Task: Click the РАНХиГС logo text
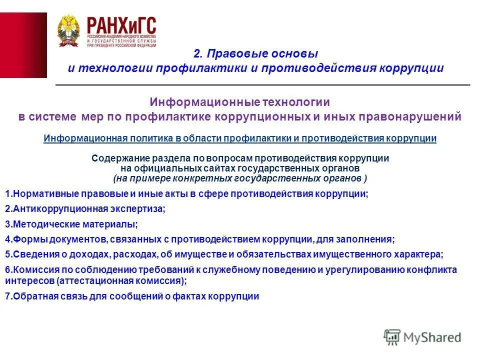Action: (x=121, y=25)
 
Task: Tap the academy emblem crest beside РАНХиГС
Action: (x=67, y=30)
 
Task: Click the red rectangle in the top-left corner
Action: (x=23, y=45)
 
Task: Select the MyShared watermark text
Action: (x=432, y=337)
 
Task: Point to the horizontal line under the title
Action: (x=262, y=85)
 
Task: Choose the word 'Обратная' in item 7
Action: (x=31, y=296)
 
